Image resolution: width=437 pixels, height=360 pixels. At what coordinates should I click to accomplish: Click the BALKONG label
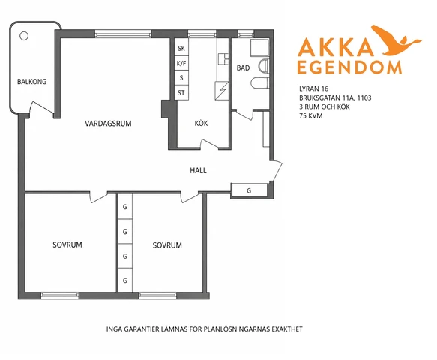31,82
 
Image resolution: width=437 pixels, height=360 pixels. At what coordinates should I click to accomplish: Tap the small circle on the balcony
24,36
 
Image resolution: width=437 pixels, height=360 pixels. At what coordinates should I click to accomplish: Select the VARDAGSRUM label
108,124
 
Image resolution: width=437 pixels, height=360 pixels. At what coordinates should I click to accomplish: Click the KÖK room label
201,123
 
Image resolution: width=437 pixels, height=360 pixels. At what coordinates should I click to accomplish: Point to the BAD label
243,67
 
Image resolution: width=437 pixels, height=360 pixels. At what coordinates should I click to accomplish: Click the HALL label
198,170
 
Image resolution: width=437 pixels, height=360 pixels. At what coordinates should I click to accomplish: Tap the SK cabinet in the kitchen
181,48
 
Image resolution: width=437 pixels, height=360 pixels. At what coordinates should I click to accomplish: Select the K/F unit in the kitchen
181,63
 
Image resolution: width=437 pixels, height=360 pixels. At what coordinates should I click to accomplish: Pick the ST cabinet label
181,92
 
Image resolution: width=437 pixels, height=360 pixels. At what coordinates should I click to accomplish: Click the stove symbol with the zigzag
222,91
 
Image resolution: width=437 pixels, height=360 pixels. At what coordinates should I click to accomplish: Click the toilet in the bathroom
260,83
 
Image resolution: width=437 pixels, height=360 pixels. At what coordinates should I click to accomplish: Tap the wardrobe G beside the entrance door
249,190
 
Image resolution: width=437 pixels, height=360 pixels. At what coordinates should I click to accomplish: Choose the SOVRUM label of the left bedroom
67,244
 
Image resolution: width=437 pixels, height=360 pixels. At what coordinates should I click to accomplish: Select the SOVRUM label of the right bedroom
167,245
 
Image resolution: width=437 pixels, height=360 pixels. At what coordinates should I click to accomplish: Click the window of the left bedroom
60,295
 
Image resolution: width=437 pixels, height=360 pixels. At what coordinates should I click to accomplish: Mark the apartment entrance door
277,171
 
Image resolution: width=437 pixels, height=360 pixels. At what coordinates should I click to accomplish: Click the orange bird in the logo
396,40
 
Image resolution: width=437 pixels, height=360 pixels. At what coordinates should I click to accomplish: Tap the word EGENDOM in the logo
349,67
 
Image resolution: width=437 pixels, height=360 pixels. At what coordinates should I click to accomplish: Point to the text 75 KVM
311,115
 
